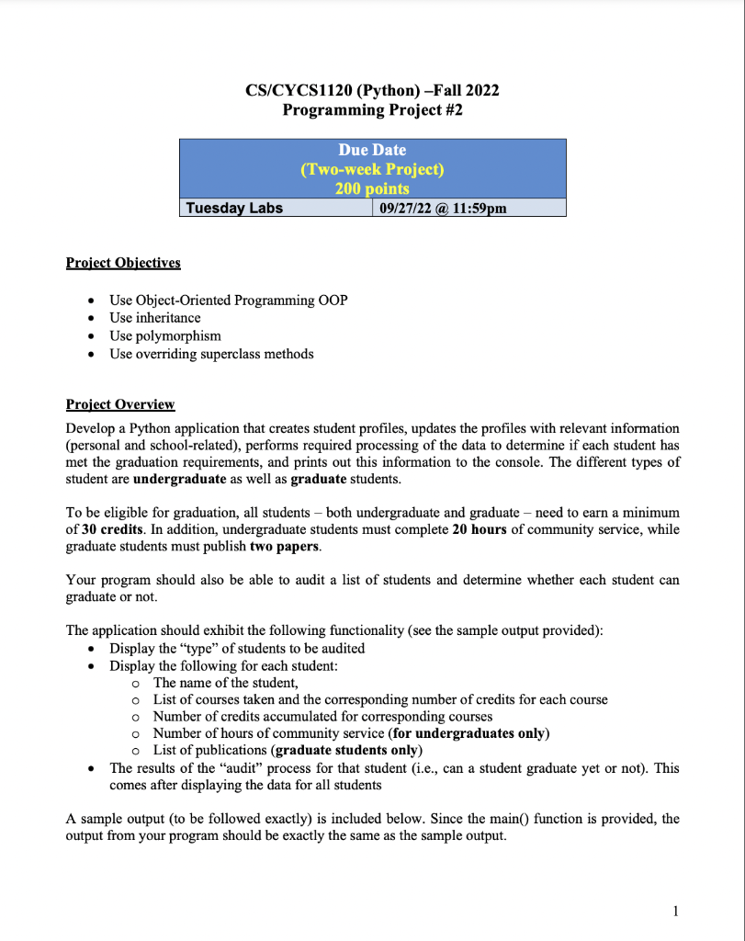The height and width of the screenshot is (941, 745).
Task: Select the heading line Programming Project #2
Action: pyautogui.click(x=372, y=110)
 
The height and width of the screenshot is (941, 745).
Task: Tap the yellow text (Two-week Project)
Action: pyautogui.click(x=372, y=169)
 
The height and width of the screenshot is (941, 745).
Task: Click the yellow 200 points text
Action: pyautogui.click(x=372, y=188)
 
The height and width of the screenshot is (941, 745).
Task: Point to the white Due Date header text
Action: pyautogui.click(x=372, y=150)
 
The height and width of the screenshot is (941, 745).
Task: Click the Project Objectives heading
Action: pyautogui.click(x=123, y=263)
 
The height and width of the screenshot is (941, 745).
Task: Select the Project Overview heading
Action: pyautogui.click(x=120, y=404)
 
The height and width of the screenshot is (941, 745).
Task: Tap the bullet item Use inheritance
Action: pyautogui.click(x=154, y=318)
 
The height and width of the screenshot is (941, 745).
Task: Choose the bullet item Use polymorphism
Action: pyautogui.click(x=165, y=335)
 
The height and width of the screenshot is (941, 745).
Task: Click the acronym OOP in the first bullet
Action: pyautogui.click(x=331, y=300)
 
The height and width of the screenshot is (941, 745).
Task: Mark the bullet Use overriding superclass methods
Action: pyautogui.click(x=211, y=354)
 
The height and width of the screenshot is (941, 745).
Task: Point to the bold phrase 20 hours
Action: pyautogui.click(x=479, y=530)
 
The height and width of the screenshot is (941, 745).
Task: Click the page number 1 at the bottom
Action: pyautogui.click(x=675, y=911)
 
